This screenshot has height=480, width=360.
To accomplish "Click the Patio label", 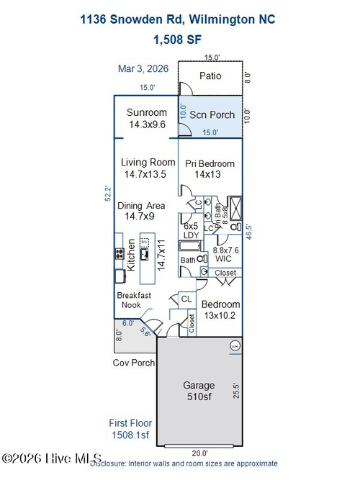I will pyautogui.click(x=210, y=76).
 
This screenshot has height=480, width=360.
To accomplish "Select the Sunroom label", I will pyautogui.click(x=147, y=112).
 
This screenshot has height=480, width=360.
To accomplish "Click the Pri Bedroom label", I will pyautogui.click(x=208, y=163).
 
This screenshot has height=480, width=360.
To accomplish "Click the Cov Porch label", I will pyautogui.click(x=134, y=362).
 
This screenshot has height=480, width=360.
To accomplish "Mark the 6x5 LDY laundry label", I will pyautogui.click(x=192, y=230).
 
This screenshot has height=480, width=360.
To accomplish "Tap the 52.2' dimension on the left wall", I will pyautogui.click(x=108, y=192).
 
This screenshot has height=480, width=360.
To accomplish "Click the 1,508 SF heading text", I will pyautogui.click(x=179, y=39).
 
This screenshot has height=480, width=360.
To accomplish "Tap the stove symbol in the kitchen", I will pyautogui.click(x=119, y=253).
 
